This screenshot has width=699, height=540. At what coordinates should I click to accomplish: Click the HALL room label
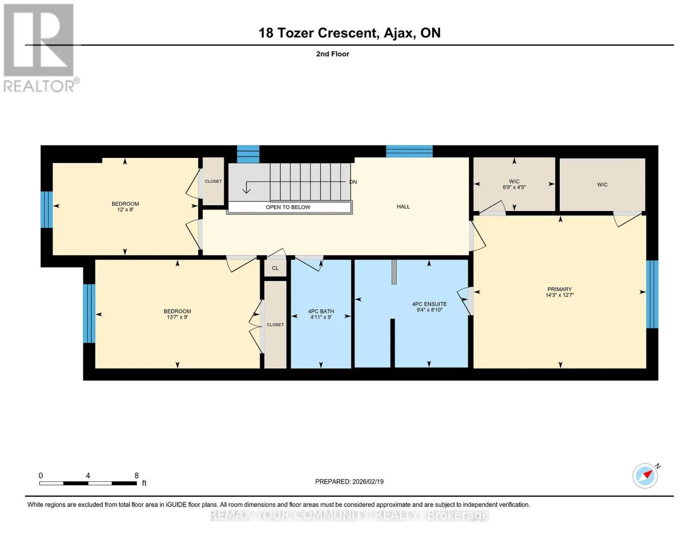(x=403, y=207)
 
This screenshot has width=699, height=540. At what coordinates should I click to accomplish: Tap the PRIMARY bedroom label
(x=559, y=289)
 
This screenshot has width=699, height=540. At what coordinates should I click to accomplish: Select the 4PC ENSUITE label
(x=429, y=304)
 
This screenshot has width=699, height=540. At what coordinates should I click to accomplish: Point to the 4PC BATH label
(x=321, y=311)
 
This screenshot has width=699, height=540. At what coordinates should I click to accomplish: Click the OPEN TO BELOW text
(x=288, y=207)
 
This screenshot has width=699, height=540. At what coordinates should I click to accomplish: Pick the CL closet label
(x=275, y=268)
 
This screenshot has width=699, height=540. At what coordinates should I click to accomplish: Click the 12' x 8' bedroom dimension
(x=125, y=210)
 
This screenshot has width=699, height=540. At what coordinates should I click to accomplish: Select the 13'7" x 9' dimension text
(x=177, y=317)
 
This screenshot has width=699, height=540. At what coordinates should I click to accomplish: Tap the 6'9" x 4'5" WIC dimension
(x=514, y=187)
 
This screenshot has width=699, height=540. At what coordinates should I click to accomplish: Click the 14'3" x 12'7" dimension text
(x=559, y=295)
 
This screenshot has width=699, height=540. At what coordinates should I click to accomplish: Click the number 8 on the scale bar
(x=136, y=475)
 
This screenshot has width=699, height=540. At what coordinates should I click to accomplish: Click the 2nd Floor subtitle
(x=333, y=54)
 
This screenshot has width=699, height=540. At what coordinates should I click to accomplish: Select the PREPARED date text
(x=349, y=481)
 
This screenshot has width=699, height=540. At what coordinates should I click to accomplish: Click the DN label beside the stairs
(x=353, y=182)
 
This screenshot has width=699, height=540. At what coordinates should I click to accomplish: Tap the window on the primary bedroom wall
(x=652, y=294)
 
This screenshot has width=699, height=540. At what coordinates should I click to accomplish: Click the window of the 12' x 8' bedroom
(x=47, y=210)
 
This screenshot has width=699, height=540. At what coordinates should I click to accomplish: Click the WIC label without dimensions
(x=602, y=184)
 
